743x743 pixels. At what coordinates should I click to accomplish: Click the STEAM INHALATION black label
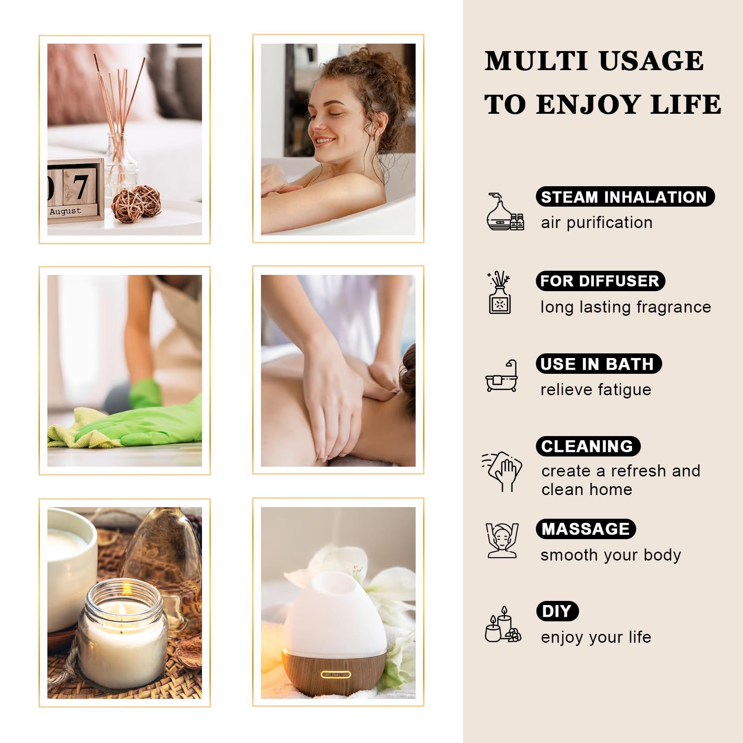tap(625, 197)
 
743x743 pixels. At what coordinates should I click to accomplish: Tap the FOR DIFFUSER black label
tap(600, 281)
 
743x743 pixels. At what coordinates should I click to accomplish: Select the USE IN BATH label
tap(598, 364)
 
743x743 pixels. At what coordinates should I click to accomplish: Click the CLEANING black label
tap(588, 446)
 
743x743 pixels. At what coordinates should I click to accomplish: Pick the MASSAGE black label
tap(586, 529)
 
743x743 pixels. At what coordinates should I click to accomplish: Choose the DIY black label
tap(557, 611)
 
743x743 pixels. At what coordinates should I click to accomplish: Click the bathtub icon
tap(502, 376)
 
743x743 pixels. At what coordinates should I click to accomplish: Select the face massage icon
tap(502, 541)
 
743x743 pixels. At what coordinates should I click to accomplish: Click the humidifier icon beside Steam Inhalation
tap(504, 212)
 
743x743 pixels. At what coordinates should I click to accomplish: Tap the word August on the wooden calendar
tap(65, 211)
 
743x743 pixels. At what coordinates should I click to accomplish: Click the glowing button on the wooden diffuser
tap(336, 674)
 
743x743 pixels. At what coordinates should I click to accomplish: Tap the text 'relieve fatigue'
tap(596, 390)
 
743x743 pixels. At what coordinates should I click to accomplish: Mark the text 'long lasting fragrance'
tap(626, 307)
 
